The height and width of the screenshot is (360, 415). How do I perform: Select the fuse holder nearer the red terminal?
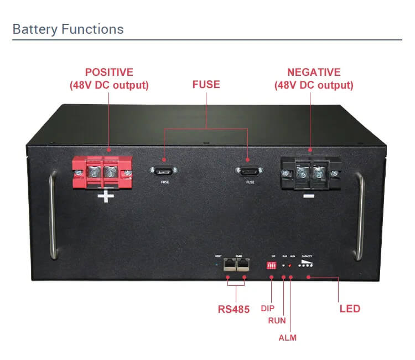pyautogui.click(x=164, y=171)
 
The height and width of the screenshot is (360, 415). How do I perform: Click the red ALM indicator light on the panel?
pyautogui.click(x=290, y=266)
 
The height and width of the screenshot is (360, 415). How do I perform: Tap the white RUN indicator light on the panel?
pyautogui.click(x=284, y=266)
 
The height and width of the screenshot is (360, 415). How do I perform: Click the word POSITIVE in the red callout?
pyautogui.click(x=109, y=73)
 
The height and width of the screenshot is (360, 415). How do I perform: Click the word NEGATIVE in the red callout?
pyautogui.click(x=313, y=73)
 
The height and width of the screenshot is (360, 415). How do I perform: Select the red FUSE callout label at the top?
pyautogui.click(x=206, y=85)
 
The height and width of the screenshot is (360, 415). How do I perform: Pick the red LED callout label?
pyautogui.click(x=350, y=308)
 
